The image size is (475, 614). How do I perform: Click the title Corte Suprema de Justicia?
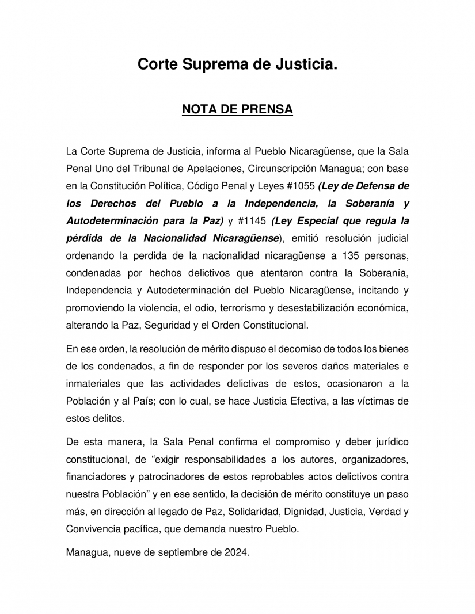pyautogui.click(x=237, y=65)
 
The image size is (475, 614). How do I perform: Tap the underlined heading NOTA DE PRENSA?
pyautogui.click(x=237, y=109)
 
